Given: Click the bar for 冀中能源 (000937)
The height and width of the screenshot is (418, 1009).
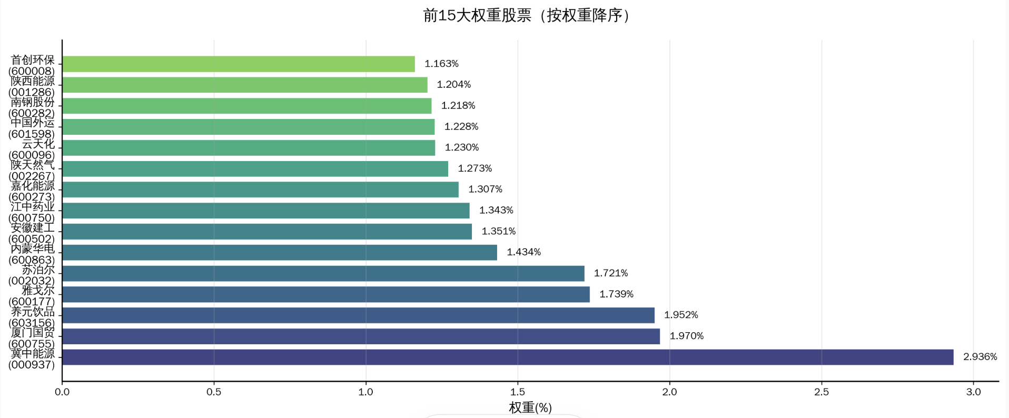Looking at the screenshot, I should point(508,357).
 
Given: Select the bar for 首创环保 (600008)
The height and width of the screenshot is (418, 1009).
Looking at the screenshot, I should point(238,64).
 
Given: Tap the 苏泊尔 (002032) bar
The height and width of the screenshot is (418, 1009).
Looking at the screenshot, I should point(323,273).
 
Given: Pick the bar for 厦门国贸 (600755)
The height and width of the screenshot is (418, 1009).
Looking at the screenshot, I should point(361,336).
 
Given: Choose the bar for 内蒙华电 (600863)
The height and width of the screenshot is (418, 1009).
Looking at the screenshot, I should point(279,252).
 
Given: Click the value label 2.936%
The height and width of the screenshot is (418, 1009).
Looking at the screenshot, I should point(980,357).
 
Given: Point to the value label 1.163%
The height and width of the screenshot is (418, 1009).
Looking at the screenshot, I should point(441,64).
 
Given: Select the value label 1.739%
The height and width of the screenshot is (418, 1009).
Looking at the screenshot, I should point(616,294).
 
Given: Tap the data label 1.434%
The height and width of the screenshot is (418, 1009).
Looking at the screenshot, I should point(523,252).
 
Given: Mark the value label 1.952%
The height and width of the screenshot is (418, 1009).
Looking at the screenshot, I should point(680,315).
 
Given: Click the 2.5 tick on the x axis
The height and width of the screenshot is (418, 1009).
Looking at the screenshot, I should point(821,392).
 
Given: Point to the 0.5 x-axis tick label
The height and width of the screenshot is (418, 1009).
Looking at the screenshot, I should point(214,392).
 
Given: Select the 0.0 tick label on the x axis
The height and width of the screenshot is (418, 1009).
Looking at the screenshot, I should point(62,392).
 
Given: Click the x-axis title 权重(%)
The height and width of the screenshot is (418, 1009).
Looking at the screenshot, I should point(530,408).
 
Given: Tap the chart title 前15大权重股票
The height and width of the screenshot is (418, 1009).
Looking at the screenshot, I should point(527,15).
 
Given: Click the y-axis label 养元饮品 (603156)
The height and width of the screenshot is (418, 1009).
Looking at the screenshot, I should point(32,317).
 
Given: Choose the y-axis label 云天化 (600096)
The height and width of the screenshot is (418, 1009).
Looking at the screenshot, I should point(32,150).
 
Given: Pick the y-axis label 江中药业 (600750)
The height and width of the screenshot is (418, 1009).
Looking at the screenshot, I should point(32,212).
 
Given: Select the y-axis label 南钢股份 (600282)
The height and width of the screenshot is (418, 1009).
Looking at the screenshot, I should point(32,107).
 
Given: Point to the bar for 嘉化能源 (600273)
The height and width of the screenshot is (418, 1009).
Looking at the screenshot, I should point(260,190).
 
